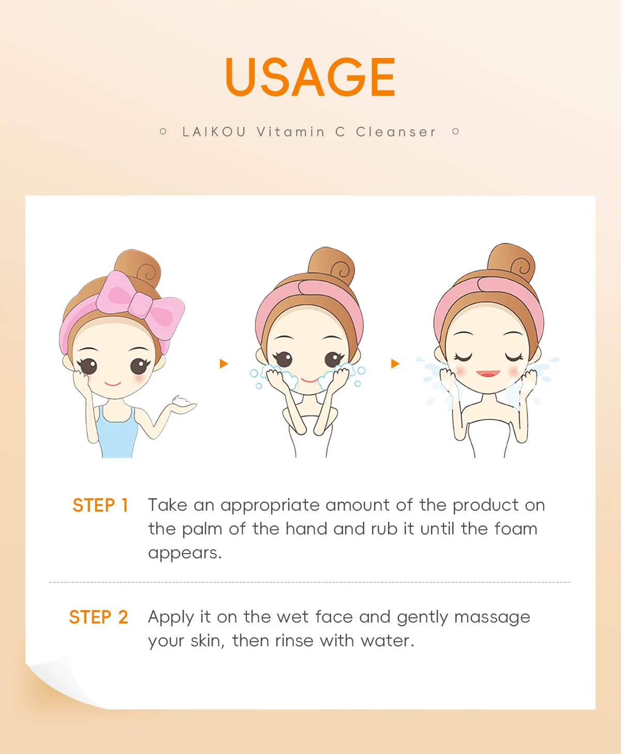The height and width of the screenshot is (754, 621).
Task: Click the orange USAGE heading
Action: (x=310, y=77)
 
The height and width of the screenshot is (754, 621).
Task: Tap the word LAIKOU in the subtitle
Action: (x=214, y=132)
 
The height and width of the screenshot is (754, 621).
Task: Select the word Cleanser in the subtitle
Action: (x=396, y=132)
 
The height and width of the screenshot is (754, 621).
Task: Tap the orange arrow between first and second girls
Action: (x=224, y=364)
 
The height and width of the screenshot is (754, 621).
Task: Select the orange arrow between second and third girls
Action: (x=395, y=364)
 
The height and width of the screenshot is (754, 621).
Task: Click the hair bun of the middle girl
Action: (x=331, y=266)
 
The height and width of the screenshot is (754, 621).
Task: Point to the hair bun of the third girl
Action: (x=511, y=263)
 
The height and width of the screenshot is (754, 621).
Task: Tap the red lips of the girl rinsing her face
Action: (x=488, y=373)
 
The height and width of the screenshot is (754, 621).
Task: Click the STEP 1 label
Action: (x=100, y=505)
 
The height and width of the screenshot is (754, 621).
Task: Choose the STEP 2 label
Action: (x=98, y=617)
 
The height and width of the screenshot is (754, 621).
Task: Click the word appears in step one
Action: (x=185, y=553)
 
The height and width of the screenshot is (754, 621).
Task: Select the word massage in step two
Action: (x=492, y=618)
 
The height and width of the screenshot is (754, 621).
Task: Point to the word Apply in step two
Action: (x=171, y=617)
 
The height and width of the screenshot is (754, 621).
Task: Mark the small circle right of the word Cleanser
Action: (x=456, y=132)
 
